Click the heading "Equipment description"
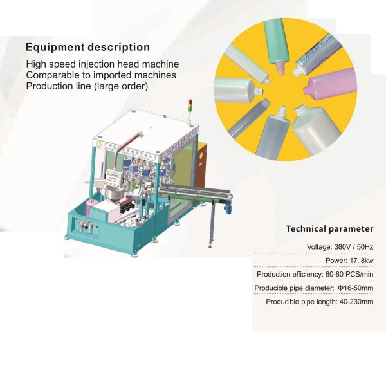tap(87, 47)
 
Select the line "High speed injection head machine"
tap(102, 64)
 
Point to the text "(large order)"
tap(121, 86)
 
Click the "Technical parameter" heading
tap(329, 228)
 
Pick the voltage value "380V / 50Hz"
tap(354, 246)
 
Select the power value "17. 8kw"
tap(362, 261)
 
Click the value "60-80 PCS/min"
tap(349, 274)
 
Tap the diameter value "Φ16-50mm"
tap(356, 288)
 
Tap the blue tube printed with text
tap(318, 53)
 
